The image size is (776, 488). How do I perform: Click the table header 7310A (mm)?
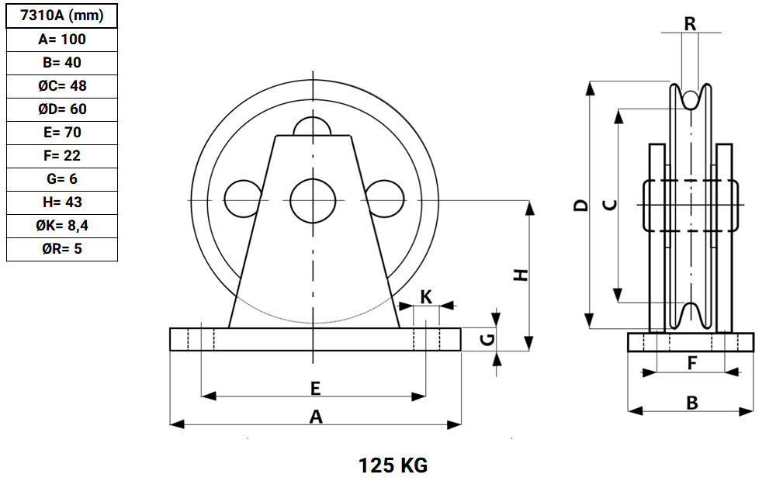click(x=62, y=16)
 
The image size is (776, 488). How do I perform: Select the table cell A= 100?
click(x=62, y=39)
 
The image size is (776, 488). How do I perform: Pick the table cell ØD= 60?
click(x=62, y=109)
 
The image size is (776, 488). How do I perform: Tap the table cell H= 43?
click(x=62, y=202)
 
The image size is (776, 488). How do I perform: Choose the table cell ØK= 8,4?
click(x=62, y=225)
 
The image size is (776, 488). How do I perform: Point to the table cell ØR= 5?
click(x=62, y=248)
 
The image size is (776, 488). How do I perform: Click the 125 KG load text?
click(x=393, y=466)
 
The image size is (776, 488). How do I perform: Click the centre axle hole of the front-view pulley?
click(x=313, y=200)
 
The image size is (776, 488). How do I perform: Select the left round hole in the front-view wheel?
click(x=243, y=199)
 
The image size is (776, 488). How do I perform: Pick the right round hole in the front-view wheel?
click(x=385, y=199)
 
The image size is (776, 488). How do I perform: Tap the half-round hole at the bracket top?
click(x=312, y=126)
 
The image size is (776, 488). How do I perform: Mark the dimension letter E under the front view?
click(x=315, y=389)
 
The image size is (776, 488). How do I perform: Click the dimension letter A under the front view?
click(x=316, y=417)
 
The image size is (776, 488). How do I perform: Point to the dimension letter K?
click(x=426, y=297)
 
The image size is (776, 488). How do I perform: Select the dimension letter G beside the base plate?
click(x=488, y=340)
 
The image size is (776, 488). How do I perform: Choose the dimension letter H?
click(x=521, y=275)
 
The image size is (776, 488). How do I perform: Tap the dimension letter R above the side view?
click(x=690, y=24)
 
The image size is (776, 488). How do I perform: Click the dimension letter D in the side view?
click(x=581, y=205)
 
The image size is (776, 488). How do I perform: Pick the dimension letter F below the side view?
click(x=692, y=364)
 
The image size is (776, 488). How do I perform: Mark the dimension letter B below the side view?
click(x=692, y=403)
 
